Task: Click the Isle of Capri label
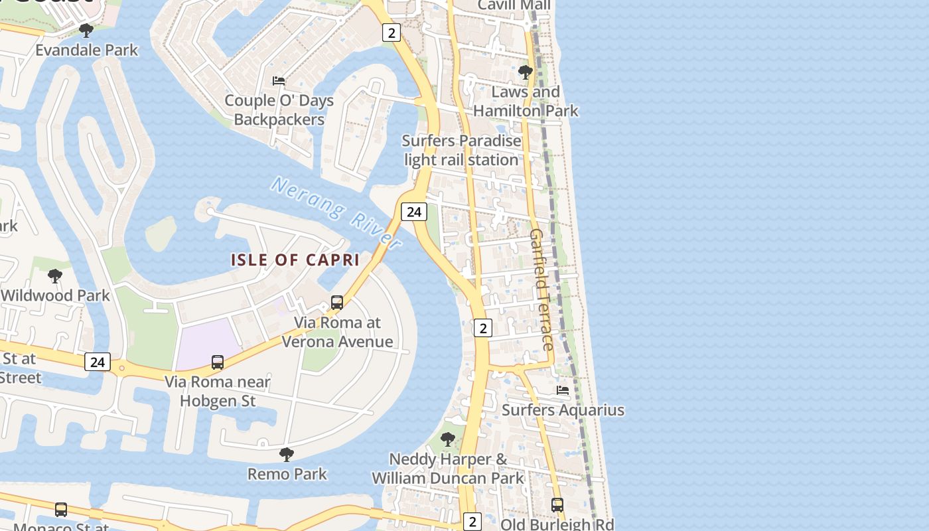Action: coord(295,260)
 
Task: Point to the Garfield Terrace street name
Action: coord(541,290)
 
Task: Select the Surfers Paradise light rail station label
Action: coord(462,150)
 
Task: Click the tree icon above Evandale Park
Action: coord(86,31)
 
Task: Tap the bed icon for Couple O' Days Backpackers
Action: coord(279,81)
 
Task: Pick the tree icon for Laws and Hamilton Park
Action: coord(526,72)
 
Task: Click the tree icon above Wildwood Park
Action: coord(55,276)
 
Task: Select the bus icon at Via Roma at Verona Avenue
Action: coord(337,303)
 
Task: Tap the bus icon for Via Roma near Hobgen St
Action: coord(218,362)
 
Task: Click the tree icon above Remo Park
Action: coord(287,455)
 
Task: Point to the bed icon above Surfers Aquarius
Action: coord(563,390)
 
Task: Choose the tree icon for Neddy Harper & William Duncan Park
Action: coord(448,439)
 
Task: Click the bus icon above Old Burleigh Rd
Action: coord(557,505)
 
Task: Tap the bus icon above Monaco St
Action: coord(61,510)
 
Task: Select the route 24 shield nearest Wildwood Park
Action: coord(98,362)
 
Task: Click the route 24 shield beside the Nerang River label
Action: coord(413,212)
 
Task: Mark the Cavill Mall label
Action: coord(514,5)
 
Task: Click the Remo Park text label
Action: coord(287,474)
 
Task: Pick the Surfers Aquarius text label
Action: coord(563,410)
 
